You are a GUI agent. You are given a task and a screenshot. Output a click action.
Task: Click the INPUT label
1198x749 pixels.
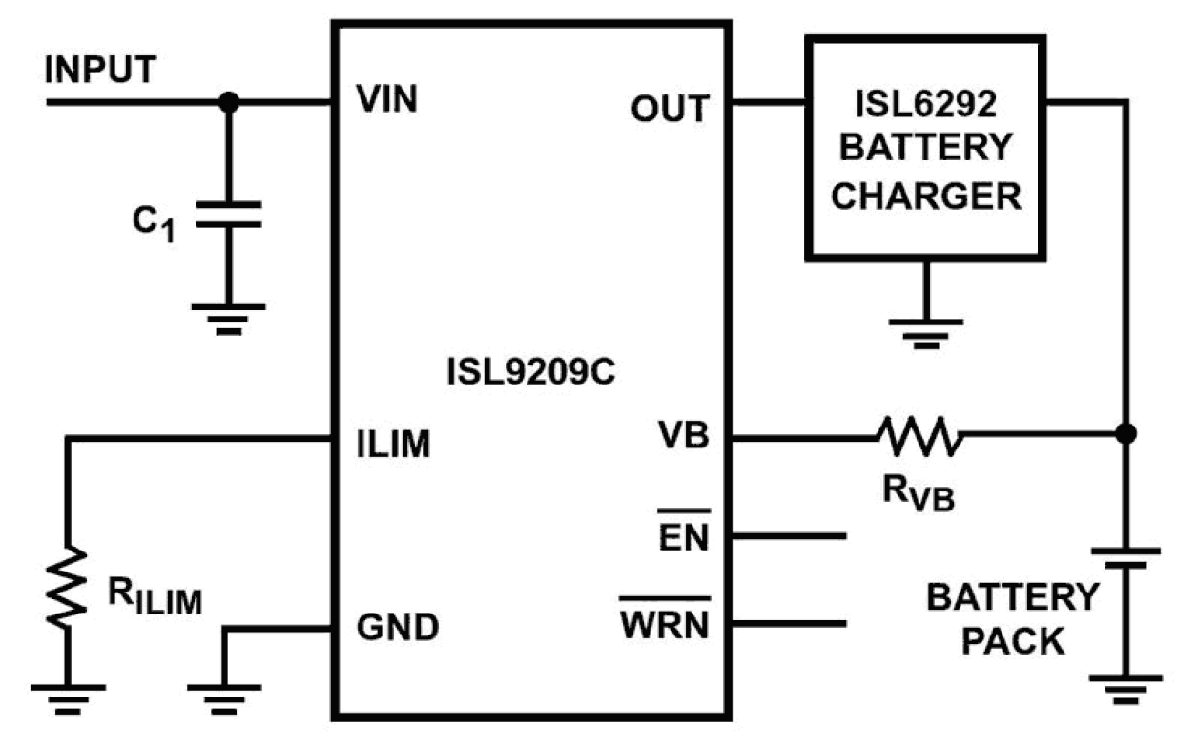pyautogui.click(x=99, y=70)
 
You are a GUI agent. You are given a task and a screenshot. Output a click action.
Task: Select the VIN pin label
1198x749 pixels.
pyautogui.click(x=386, y=98)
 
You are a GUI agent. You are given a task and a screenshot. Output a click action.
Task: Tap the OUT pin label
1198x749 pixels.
pyautogui.click(x=670, y=109)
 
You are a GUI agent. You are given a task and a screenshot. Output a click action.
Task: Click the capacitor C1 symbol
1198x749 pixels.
pyautogui.click(x=228, y=215)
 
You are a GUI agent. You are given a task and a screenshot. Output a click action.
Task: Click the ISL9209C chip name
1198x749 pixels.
pyautogui.click(x=529, y=371)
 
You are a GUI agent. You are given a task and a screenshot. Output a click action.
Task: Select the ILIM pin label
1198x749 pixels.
pyautogui.click(x=393, y=444)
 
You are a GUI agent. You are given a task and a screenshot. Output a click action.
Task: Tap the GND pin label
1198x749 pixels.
pyautogui.click(x=397, y=628)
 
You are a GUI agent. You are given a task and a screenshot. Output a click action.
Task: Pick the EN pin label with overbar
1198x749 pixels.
pyautogui.click(x=683, y=536)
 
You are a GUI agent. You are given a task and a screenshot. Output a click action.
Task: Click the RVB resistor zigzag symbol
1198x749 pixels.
pyautogui.click(x=919, y=436)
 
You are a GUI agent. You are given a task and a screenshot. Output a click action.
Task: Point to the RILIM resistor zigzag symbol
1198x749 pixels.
pyautogui.click(x=67, y=587)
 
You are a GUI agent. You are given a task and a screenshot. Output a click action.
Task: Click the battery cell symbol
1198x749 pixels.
pyautogui.click(x=1126, y=557)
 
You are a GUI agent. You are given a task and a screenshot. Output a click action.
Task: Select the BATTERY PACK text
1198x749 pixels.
pyautogui.click(x=1012, y=619)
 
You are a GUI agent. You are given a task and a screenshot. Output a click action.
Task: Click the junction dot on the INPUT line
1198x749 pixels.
pyautogui.click(x=228, y=99)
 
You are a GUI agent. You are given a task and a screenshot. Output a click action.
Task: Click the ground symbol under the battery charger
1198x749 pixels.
pyautogui.click(x=925, y=326)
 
